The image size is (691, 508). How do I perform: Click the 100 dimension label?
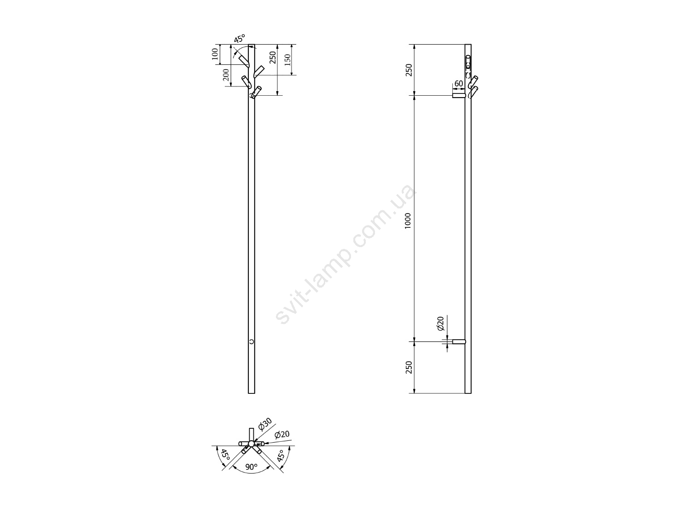[215, 54]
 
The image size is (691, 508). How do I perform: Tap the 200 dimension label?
[226, 75]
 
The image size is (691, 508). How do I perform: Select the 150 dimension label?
[287, 60]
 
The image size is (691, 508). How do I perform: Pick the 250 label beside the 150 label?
[273, 58]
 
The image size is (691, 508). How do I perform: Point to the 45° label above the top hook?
[239, 39]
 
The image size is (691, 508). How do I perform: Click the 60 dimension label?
[459, 83]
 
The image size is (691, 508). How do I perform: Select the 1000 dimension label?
[408, 220]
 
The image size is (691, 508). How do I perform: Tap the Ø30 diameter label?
[265, 424]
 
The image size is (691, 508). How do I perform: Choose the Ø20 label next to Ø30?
[282, 435]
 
